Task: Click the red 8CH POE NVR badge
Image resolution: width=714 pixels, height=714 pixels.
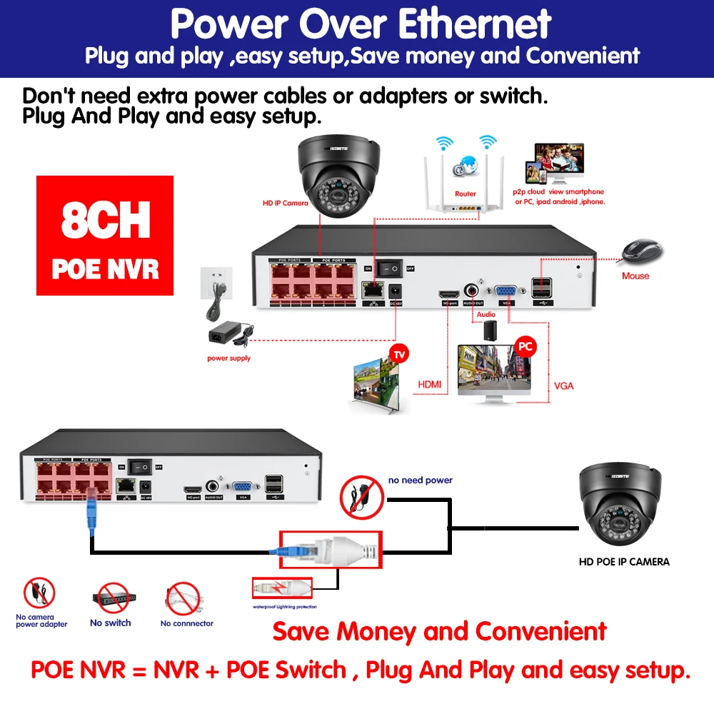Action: click(105, 236)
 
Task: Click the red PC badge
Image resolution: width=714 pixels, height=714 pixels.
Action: click(526, 347)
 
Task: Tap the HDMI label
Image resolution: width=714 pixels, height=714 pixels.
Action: click(429, 385)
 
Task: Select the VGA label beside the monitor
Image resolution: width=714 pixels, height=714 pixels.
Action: click(563, 386)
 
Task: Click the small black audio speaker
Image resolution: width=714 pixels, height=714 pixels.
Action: click(491, 329)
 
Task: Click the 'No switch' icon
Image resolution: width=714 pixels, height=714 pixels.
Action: click(110, 599)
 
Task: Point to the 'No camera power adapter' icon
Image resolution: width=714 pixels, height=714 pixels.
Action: click(40, 593)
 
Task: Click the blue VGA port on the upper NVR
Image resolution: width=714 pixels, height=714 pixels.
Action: click(507, 291)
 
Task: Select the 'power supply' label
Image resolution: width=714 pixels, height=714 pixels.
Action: click(228, 358)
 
